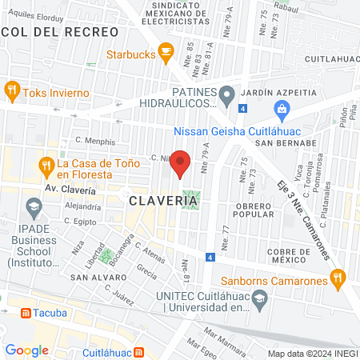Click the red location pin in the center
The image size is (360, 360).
coord(181,162)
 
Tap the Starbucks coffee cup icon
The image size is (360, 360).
coord(166,54)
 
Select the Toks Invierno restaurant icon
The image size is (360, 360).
coord(11,90)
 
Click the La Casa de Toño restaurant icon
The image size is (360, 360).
coord(46,166)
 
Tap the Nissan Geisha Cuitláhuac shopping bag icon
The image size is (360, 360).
coord(280,109)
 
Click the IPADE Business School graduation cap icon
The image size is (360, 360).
coord(33,210)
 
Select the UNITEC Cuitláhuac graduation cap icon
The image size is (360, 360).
coord(258,298)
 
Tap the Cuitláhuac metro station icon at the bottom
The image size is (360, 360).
coord(139,350)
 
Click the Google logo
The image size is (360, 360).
coord(26,350)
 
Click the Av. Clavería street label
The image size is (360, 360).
coord(70,190)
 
